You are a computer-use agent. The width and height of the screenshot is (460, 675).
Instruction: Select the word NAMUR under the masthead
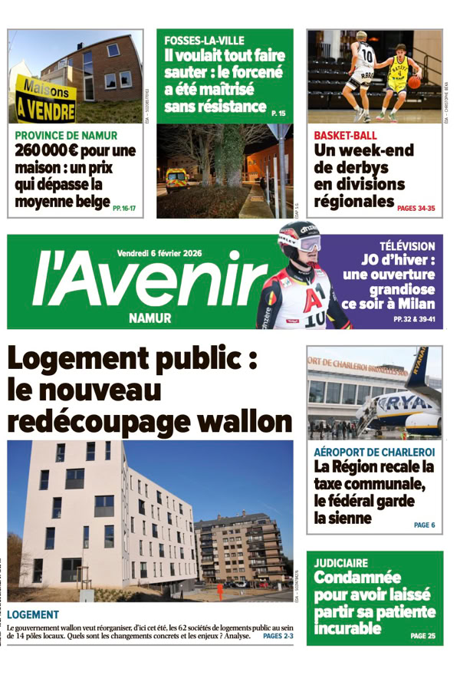(x=150, y=318)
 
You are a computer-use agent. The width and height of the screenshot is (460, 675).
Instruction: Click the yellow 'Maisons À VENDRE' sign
(x=45, y=102)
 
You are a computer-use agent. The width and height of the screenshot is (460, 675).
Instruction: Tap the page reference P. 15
(x=278, y=114)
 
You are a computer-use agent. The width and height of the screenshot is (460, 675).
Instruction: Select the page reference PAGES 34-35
(x=416, y=208)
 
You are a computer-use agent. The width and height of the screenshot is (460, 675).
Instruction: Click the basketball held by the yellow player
(x=414, y=81)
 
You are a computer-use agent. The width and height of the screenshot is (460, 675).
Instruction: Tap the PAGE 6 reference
(x=424, y=525)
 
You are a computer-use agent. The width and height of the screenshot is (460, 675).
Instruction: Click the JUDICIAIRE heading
(x=341, y=563)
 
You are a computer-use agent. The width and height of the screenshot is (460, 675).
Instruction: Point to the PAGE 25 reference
(x=422, y=636)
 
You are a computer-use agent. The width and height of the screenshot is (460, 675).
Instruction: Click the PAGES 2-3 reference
(x=278, y=636)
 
